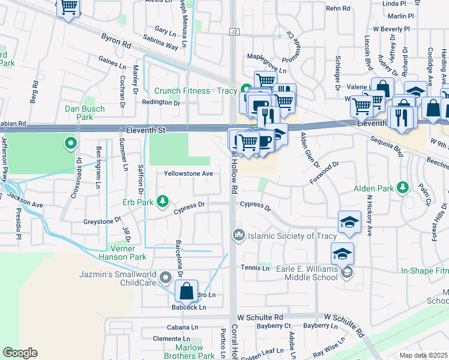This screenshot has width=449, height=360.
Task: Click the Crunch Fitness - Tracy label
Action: (x=196, y=91)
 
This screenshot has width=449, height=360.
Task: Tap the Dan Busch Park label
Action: (x=85, y=113)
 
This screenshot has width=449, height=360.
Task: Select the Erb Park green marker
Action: (x=162, y=200)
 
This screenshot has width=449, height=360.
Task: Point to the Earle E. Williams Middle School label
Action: (x=307, y=273)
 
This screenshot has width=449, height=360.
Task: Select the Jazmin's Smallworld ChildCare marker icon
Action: (x=166, y=277)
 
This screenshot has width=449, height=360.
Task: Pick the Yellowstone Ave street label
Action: (x=189, y=174)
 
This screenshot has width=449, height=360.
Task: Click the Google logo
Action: (x=20, y=353)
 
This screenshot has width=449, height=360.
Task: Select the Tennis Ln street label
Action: (x=255, y=268)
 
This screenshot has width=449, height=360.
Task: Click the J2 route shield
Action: (x=234, y=31)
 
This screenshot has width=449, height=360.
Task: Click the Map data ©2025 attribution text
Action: (x=423, y=355)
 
